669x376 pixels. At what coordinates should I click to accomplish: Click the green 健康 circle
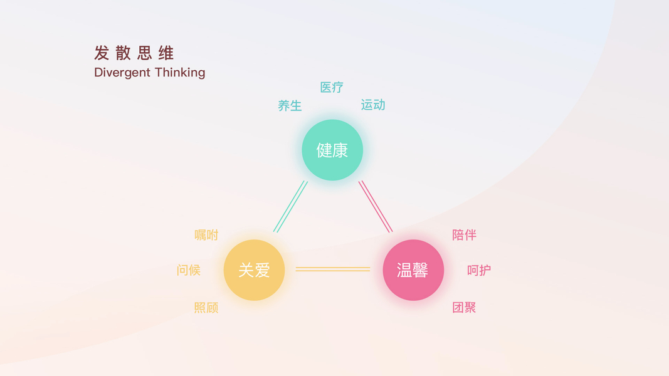click(332, 150)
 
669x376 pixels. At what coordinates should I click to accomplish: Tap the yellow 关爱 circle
click(254, 270)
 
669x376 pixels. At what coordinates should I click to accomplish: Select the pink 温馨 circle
click(413, 270)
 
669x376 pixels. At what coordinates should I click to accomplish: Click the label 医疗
click(332, 88)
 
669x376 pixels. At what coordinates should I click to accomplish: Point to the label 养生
click(290, 106)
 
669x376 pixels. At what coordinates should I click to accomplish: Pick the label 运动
click(373, 105)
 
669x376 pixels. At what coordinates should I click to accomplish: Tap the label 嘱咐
click(206, 235)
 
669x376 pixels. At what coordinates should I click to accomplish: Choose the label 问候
click(189, 270)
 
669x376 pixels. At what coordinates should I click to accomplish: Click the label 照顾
click(206, 308)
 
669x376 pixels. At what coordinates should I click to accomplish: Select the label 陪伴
click(464, 235)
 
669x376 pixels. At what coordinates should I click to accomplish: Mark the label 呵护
click(479, 270)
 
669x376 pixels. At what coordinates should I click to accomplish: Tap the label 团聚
click(464, 308)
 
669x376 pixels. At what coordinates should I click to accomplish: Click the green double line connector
click(291, 206)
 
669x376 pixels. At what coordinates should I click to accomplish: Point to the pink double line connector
click(375, 206)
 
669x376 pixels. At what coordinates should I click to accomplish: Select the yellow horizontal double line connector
click(333, 269)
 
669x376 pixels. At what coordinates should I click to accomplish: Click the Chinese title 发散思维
click(134, 53)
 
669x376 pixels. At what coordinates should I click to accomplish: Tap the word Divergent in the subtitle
click(122, 73)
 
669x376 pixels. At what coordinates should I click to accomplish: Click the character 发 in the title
click(102, 53)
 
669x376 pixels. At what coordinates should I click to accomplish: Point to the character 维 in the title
click(166, 53)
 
